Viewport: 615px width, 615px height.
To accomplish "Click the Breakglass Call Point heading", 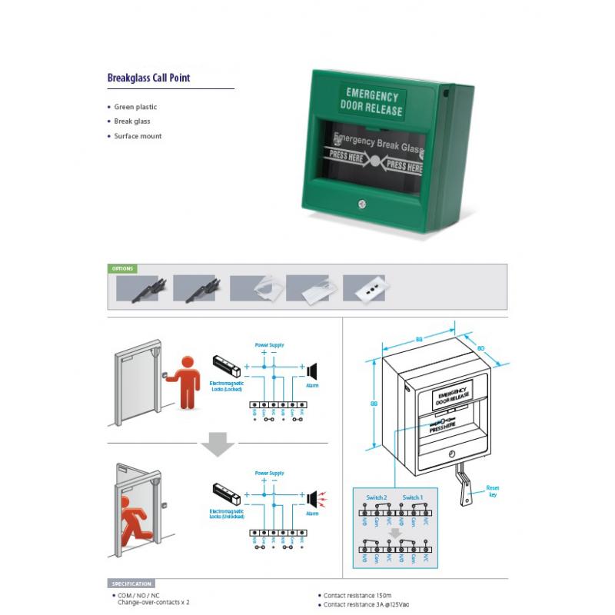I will (x=148, y=78).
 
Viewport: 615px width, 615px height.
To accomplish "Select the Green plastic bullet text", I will (x=135, y=107).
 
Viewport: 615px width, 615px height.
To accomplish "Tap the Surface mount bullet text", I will (x=138, y=136).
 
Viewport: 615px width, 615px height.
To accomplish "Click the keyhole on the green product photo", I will (x=361, y=205).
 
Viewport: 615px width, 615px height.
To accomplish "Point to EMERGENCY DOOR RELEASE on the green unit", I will (x=372, y=103).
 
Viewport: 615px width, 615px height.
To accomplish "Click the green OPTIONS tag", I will (x=123, y=269).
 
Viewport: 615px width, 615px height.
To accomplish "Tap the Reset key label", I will (x=493, y=490).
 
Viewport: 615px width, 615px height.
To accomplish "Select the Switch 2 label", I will (x=377, y=497).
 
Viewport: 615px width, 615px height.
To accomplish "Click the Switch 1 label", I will (x=412, y=497).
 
